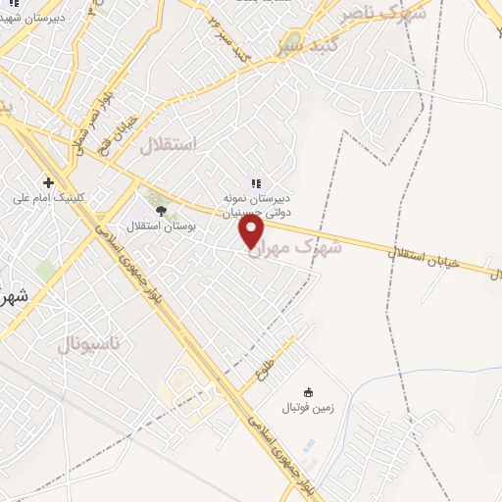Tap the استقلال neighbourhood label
[169, 145]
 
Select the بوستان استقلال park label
[163, 225]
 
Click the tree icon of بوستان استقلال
[160, 209]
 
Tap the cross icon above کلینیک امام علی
[48, 182]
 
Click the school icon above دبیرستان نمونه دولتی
[256, 182]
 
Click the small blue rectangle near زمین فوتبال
[310, 447]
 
